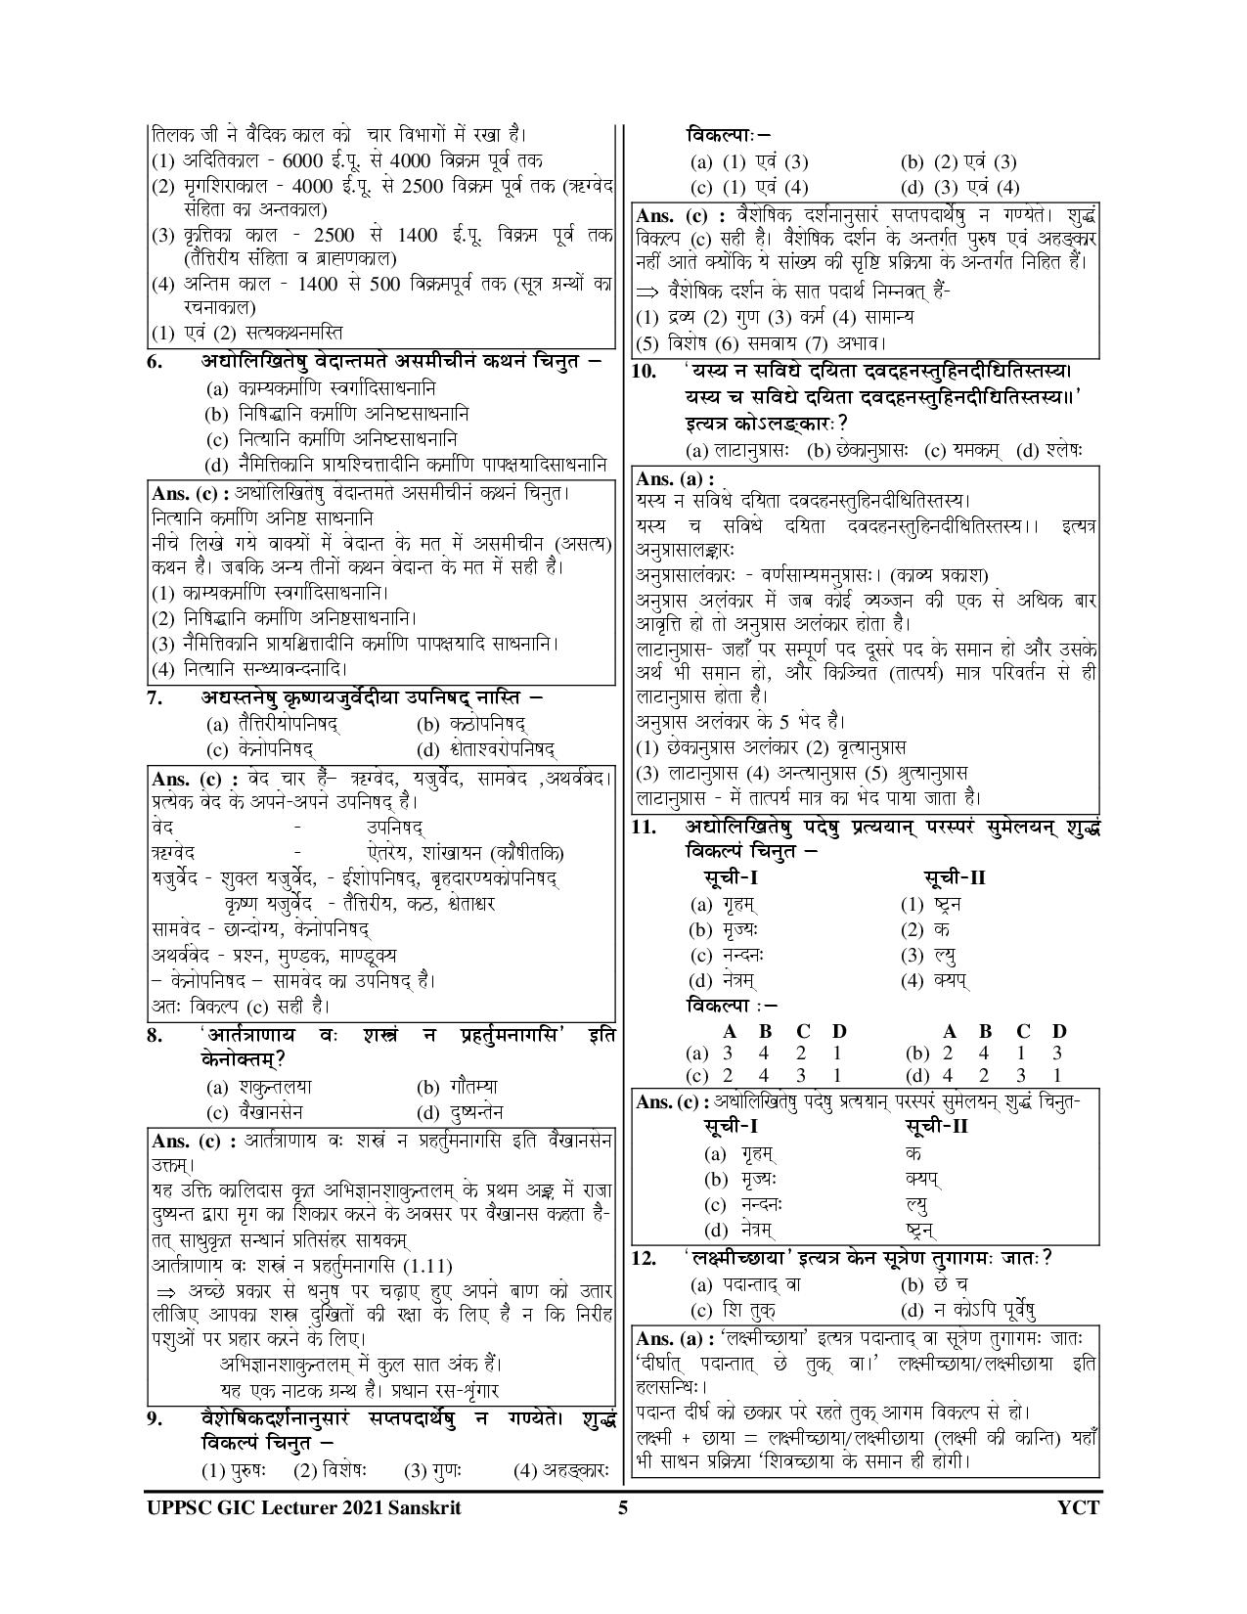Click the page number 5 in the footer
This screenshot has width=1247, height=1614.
coord(622,1507)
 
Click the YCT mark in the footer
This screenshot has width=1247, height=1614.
coord(1079,1507)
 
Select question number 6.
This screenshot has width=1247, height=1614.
coord(154,361)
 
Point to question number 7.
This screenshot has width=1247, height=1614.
coord(154,698)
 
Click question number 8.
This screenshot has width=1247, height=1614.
coord(154,1035)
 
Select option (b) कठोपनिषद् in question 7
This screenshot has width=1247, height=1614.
coord(471,725)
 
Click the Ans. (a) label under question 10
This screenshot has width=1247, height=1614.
coord(674,478)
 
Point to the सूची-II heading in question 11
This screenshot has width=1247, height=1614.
coord(955,876)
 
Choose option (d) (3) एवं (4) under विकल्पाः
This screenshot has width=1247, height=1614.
coord(959,187)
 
